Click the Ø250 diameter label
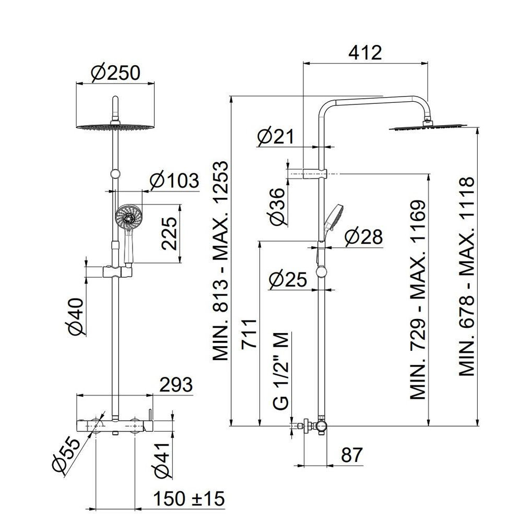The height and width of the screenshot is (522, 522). point(115,73)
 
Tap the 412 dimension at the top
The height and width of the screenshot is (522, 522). point(365,53)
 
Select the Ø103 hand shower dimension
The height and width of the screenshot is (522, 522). point(174,181)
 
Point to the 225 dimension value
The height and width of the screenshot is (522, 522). point(169,233)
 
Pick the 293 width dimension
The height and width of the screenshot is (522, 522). point(176,385)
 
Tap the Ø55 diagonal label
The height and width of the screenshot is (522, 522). point(67,455)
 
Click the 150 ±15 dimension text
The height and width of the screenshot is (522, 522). point(189,499)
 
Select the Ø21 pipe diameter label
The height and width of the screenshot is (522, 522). point(276,136)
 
